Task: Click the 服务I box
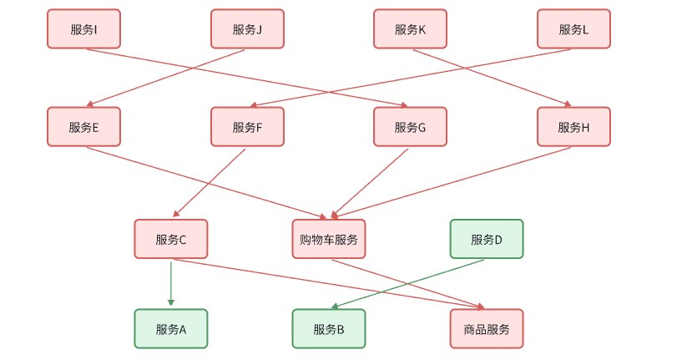tap(83, 29)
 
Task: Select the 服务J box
tap(247, 29)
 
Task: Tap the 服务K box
tap(410, 29)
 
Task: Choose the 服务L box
tap(573, 29)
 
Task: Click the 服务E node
tap(83, 127)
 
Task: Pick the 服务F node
tap(247, 127)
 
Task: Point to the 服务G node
tap(410, 127)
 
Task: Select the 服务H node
tap(573, 127)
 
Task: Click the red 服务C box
tap(170, 239)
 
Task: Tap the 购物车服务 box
tap(329, 239)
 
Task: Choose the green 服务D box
tap(487, 239)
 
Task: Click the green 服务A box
tap(170, 329)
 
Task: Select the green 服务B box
tap(329, 329)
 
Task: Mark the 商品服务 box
tap(487, 329)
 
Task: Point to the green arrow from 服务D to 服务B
tap(409, 284)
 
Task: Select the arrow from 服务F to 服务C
tap(209, 183)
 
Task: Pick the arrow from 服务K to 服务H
tap(493, 79)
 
